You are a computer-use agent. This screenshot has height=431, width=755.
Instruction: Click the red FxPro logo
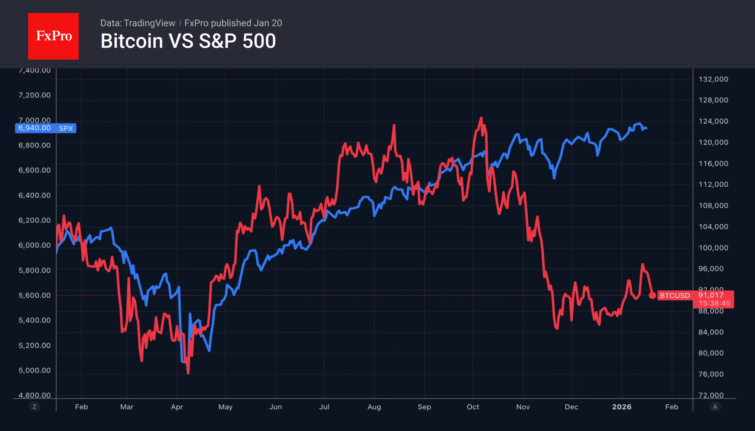[x=53, y=36]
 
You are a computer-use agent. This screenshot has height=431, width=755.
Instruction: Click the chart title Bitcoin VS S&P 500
[x=188, y=41]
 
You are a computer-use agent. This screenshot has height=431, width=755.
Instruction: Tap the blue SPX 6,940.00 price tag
[x=45, y=128]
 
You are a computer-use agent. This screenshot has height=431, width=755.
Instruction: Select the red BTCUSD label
[x=675, y=296]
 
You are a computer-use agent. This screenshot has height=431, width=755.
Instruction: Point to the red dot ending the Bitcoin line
[x=652, y=296]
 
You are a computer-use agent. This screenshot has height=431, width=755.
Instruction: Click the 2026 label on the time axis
[x=621, y=407]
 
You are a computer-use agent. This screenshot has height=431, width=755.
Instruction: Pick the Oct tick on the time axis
[x=473, y=407]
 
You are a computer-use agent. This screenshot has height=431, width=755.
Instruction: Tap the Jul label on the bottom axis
[x=324, y=407]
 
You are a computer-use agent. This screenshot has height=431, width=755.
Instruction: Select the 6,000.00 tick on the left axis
[x=35, y=245]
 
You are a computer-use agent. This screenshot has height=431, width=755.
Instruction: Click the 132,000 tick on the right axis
[x=713, y=79]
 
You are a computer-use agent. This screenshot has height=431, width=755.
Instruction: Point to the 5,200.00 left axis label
[x=35, y=345]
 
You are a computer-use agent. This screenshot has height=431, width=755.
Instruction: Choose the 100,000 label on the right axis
[x=713, y=248]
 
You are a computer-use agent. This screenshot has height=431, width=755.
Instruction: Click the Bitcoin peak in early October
[x=481, y=118]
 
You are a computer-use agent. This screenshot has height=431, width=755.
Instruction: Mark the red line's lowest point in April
[x=188, y=373]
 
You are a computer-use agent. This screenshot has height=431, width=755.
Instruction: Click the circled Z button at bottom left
[x=34, y=407]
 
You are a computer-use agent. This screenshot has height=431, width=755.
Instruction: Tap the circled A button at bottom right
[x=715, y=407]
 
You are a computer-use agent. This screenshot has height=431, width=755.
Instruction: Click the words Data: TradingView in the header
[x=138, y=23]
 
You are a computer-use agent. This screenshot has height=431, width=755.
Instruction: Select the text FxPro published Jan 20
[x=233, y=23]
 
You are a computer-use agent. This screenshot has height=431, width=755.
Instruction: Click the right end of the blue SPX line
[x=646, y=128]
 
